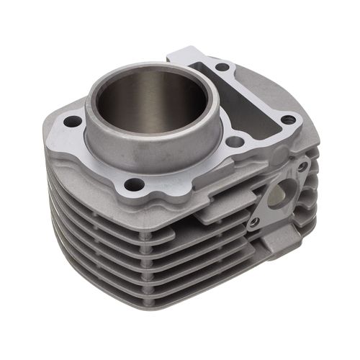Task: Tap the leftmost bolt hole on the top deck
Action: pyautogui.click(x=73, y=122)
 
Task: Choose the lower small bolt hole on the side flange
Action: pyautogui.click(x=254, y=222)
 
